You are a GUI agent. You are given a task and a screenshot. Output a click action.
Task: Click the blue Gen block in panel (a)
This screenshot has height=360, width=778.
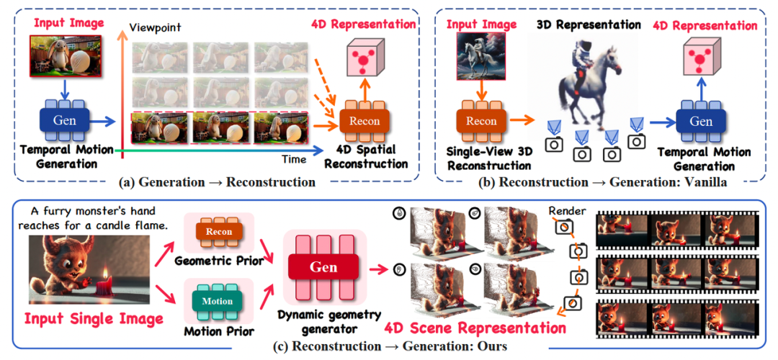tap(65, 120)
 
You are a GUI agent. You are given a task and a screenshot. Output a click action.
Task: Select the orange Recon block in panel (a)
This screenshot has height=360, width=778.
tap(365, 120)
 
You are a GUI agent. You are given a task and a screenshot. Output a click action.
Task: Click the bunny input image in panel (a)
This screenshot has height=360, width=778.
tap(66, 55)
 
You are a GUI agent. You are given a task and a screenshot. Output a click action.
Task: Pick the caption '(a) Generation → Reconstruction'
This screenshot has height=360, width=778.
tap(217, 182)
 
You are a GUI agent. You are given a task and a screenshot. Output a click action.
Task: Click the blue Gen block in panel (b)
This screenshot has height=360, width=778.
tap(701, 120)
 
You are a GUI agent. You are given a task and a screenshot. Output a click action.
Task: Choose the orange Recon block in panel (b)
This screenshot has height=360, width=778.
tap(480, 120)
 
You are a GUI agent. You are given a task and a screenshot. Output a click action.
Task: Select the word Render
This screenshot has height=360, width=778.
tap(567, 211)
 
